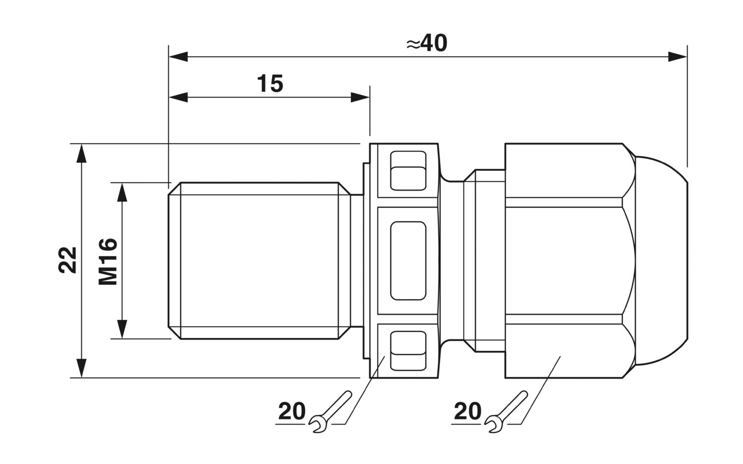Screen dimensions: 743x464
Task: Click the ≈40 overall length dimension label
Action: [x=427, y=43]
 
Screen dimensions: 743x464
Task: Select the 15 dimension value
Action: [x=270, y=84]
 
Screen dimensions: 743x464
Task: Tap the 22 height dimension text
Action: [x=67, y=260]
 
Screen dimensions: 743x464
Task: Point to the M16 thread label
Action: [x=108, y=261]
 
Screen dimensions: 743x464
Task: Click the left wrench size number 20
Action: [x=292, y=412]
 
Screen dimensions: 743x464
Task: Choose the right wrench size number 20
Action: [x=468, y=412]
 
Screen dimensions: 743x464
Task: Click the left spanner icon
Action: [x=330, y=412]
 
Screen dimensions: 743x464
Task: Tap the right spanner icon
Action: [x=506, y=412]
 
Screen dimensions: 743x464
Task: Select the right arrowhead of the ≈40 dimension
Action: [x=677, y=57]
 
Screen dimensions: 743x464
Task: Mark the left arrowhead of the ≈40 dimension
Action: [x=178, y=57]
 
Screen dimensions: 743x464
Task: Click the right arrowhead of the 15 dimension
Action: [x=360, y=98]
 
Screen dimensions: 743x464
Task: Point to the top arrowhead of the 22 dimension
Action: [x=81, y=154]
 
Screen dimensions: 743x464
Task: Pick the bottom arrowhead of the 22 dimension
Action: [x=81, y=368]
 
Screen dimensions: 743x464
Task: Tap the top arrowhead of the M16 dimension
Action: [x=122, y=192]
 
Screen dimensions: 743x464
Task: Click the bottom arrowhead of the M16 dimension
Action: [x=122, y=329]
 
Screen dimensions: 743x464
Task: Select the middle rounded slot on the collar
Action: [x=408, y=260]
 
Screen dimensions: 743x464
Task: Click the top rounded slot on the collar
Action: [x=408, y=170]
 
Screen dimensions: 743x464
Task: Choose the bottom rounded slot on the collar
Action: [x=408, y=351]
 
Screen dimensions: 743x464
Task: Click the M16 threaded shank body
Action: [x=259, y=260]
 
